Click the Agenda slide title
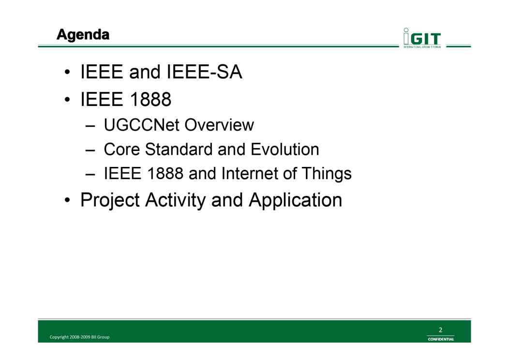click(x=83, y=35)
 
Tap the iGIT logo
click(x=422, y=38)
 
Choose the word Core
click(x=122, y=150)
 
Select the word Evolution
click(x=284, y=150)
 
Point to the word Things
click(x=327, y=174)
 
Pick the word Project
click(x=110, y=200)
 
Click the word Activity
click(x=175, y=200)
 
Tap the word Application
click(x=296, y=200)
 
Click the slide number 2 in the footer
click(x=440, y=330)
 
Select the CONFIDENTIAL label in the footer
click(x=441, y=339)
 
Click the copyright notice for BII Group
click(x=79, y=337)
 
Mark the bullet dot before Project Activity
click(x=67, y=200)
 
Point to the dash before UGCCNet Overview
click(x=90, y=126)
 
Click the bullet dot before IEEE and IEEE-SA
click(x=67, y=72)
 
